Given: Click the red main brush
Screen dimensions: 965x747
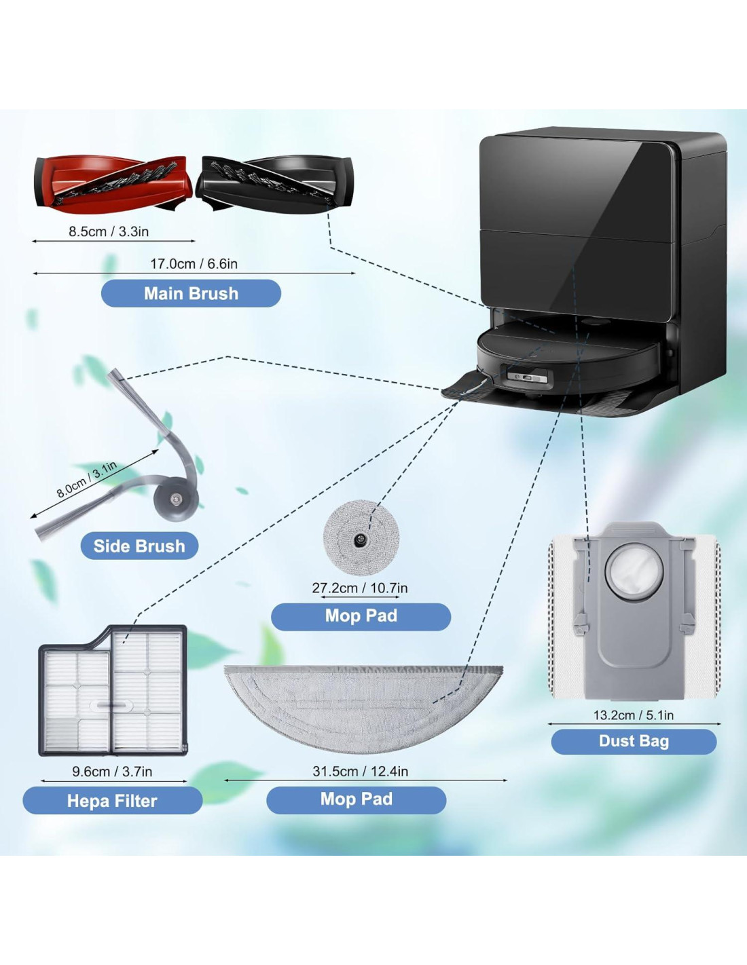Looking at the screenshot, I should (112, 183).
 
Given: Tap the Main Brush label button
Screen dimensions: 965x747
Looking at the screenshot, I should (191, 294).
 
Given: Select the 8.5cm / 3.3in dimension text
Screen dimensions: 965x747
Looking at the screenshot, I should (109, 231).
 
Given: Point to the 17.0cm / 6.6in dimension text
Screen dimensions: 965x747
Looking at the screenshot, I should (194, 264).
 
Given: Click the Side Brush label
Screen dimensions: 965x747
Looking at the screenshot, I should (139, 546).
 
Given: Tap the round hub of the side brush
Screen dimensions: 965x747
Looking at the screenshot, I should (176, 499).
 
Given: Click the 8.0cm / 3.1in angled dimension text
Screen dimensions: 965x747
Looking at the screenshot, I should (86, 480).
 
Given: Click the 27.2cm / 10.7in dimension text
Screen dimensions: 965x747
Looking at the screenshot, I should (360, 588).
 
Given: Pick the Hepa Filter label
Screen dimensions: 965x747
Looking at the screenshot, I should (112, 801).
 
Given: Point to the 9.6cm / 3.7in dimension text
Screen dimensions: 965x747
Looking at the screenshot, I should (112, 772).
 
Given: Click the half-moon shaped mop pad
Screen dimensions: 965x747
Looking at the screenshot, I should (363, 706).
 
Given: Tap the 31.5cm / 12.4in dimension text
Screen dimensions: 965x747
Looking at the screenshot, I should (361, 772).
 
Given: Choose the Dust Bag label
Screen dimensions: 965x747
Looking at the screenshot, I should (634, 741).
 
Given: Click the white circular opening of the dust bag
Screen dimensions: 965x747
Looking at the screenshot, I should (631, 571).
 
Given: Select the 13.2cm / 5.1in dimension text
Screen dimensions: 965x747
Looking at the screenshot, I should (634, 715).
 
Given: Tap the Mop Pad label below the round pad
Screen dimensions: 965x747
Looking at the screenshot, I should (361, 616).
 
